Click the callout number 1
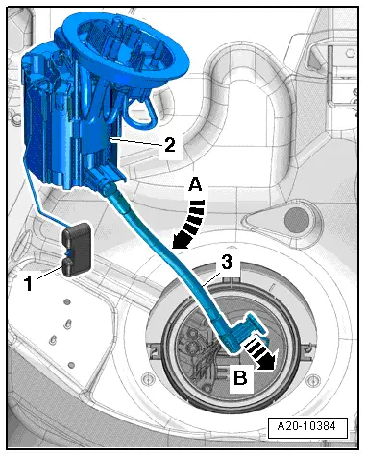tap(29, 283)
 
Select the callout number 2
tap(169, 146)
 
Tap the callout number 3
tap(226, 263)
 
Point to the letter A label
tap(195, 185)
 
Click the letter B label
tap(240, 378)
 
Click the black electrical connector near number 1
tap(77, 250)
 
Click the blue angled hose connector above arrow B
tap(244, 334)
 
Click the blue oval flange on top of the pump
tap(126, 46)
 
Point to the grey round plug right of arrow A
tap(297, 221)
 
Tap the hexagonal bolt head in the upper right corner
tap(350, 52)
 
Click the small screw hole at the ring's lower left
tap(148, 378)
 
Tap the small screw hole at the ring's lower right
tap(310, 380)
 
